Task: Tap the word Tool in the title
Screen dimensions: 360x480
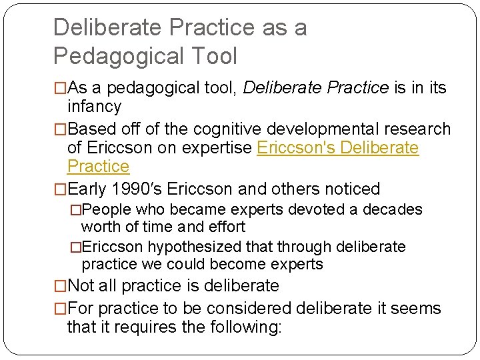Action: (x=215, y=56)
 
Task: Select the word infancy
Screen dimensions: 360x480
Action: (x=95, y=107)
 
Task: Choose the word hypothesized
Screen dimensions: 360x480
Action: (x=192, y=247)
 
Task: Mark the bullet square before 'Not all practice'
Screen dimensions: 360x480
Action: (x=60, y=286)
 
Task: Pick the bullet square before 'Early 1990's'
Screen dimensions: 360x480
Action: (x=60, y=189)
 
